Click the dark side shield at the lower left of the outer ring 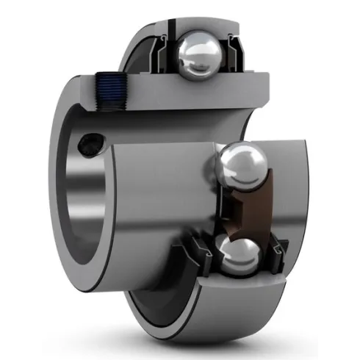(147, 309)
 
